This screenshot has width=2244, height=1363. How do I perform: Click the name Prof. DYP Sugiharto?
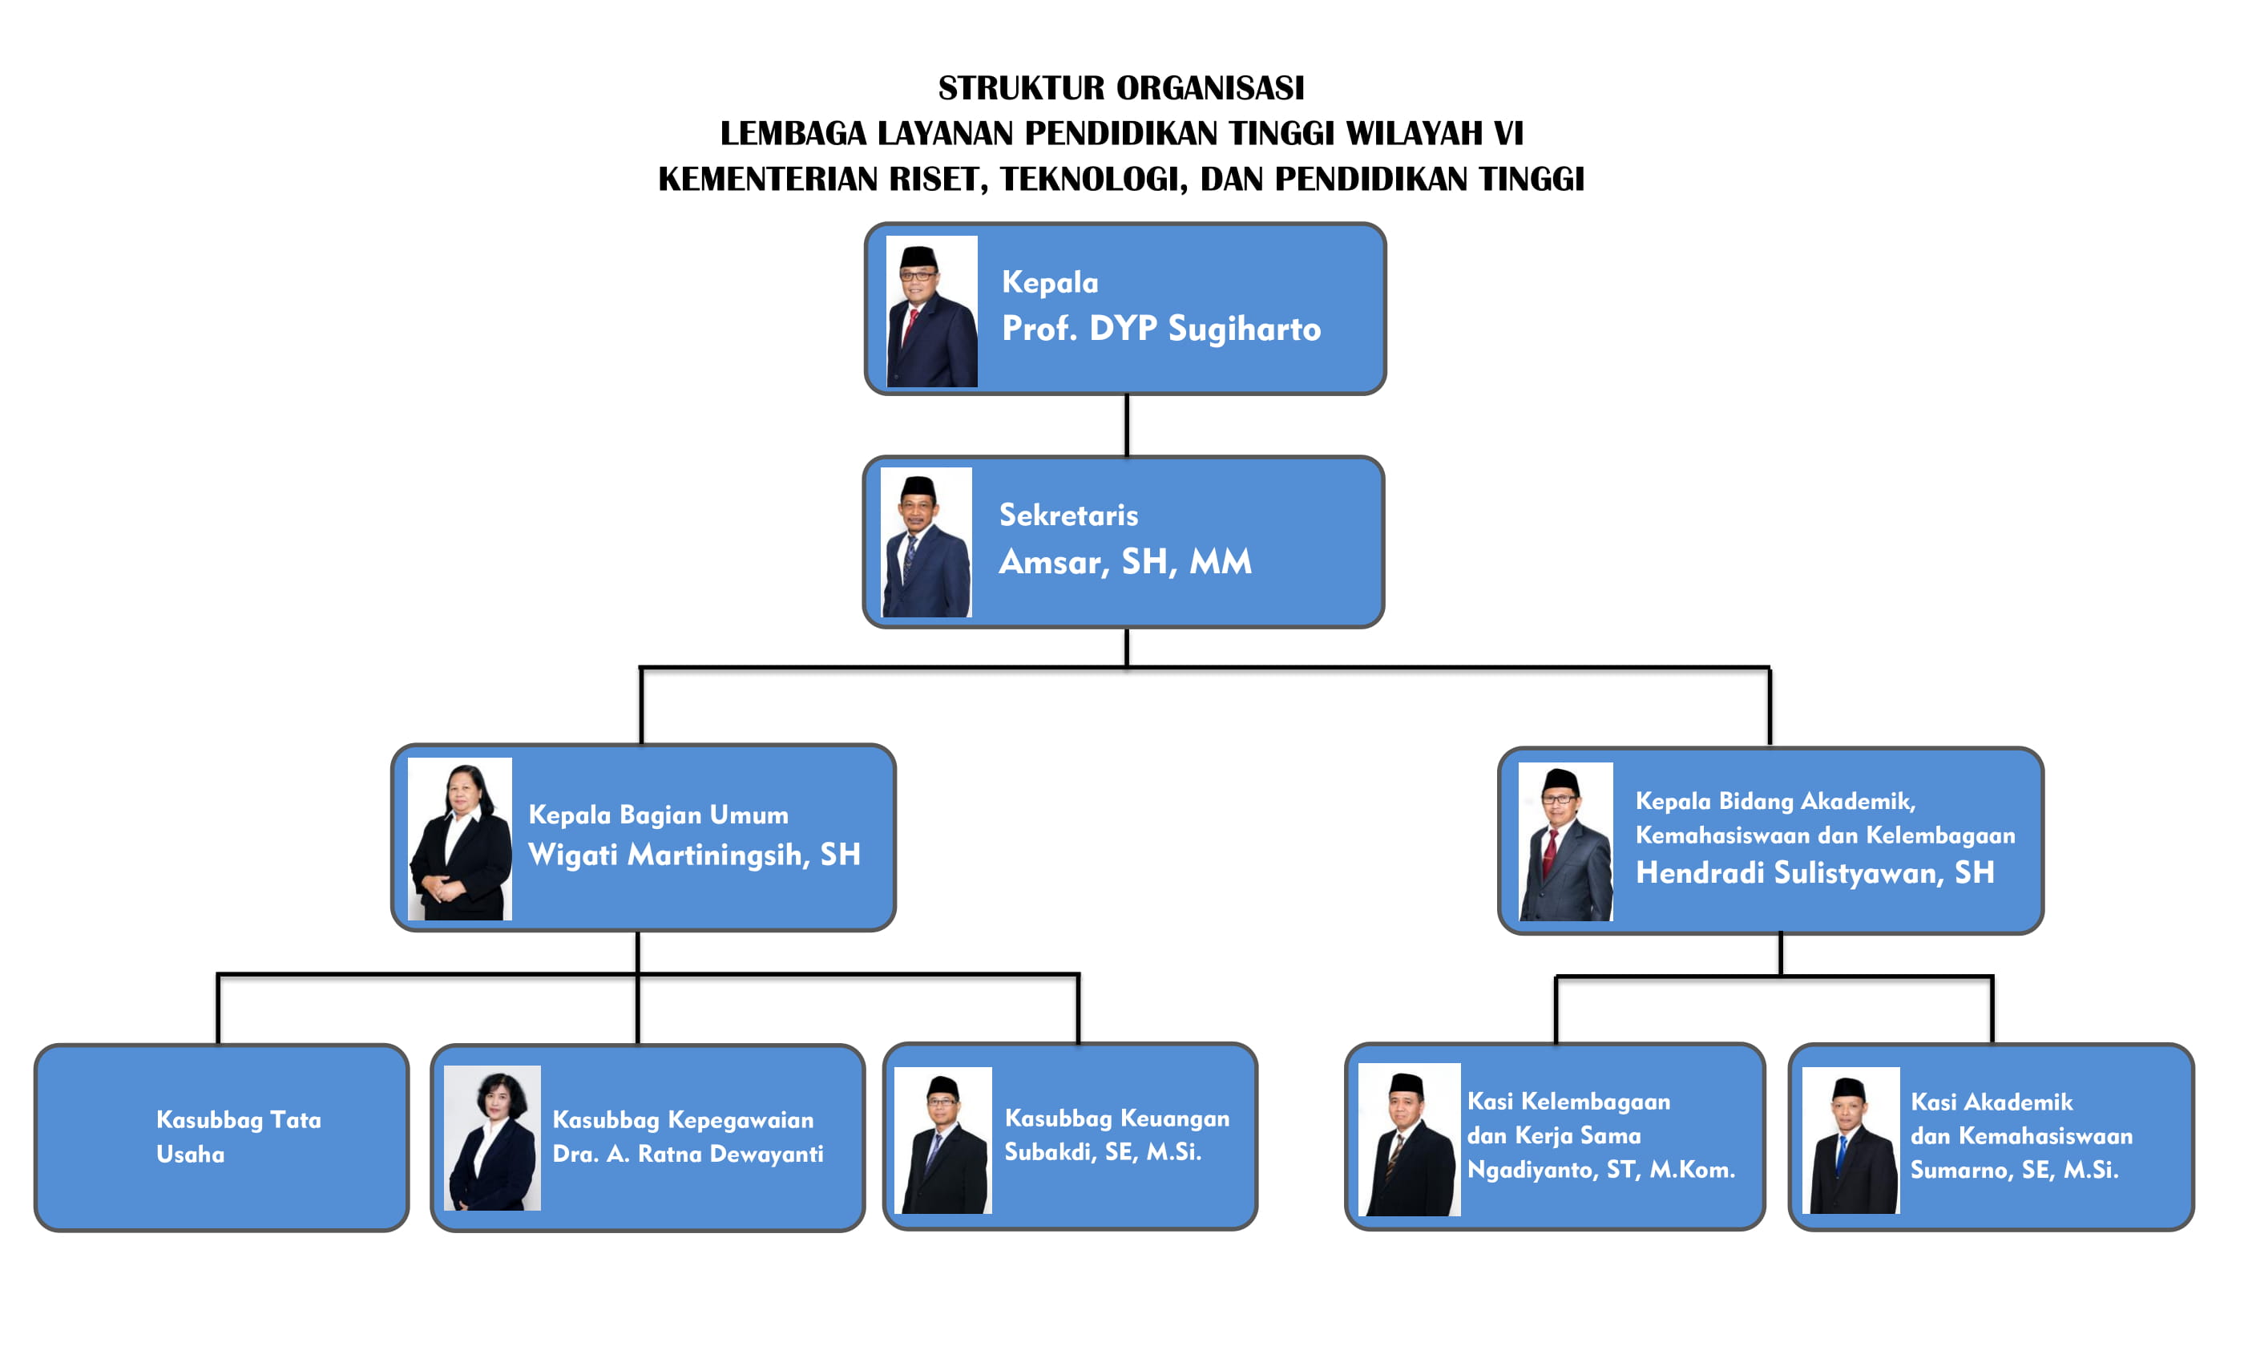1161,329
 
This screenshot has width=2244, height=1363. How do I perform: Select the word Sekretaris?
1068,515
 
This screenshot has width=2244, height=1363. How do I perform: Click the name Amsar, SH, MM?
1126,562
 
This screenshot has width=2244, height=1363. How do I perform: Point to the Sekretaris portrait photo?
926,542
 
